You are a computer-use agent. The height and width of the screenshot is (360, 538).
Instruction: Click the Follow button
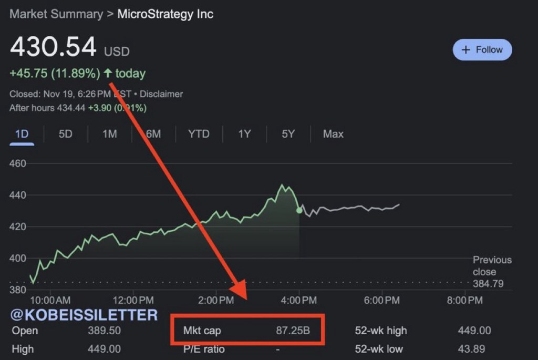[482, 50]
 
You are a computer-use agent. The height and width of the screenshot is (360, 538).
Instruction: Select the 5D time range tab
[65, 134]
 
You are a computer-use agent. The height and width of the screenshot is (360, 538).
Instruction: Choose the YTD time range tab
[199, 134]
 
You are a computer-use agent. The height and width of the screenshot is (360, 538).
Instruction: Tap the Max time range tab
[333, 134]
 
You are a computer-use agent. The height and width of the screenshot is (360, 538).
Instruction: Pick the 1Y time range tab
[244, 134]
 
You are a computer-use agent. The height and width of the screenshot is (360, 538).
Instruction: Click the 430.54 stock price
[53, 47]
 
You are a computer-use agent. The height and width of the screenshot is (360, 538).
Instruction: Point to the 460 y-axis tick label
[18, 163]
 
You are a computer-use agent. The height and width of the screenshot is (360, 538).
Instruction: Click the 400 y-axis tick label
[18, 258]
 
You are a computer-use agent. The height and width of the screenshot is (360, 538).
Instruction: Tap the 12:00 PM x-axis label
[133, 301]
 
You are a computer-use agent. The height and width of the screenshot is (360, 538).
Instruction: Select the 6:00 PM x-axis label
[382, 301]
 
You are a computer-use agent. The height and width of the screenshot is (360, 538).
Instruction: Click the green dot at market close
[299, 210]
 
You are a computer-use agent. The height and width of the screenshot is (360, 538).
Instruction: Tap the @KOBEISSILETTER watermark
[84, 315]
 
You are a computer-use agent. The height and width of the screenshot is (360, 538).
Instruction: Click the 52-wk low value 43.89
[474, 349]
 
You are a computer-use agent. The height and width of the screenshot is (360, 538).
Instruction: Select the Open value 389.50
[105, 331]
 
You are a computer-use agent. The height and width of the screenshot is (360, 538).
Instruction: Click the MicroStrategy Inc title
[165, 14]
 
